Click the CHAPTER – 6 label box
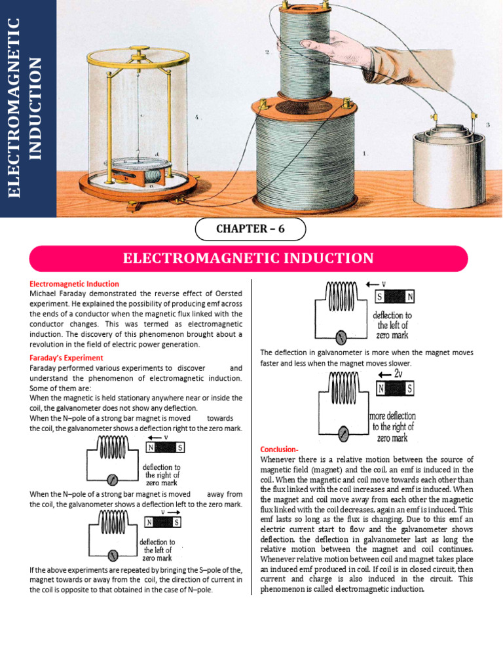coord(250,229)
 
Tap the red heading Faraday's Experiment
coord(66,358)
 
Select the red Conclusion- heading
coord(279,450)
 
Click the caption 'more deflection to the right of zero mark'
coord(392,427)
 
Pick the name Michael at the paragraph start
coord(45,294)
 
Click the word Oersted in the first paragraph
coord(225,294)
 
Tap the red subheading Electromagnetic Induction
coord(74,284)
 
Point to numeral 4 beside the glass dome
coord(196,119)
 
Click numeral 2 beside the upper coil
coord(267,52)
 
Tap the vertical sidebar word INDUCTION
coord(36,108)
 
